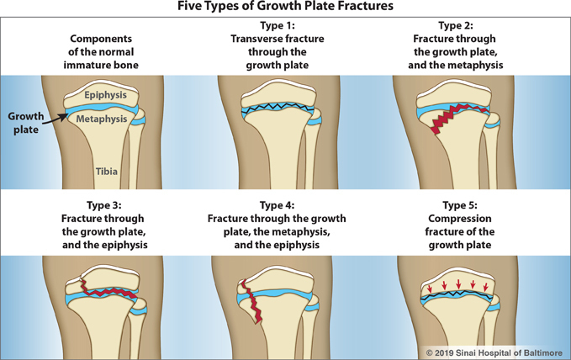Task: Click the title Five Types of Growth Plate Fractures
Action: click(286, 8)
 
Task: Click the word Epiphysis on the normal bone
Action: click(104, 95)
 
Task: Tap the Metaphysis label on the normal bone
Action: click(101, 119)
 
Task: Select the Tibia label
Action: click(106, 172)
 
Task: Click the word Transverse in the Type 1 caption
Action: click(254, 40)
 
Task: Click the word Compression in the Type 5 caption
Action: click(454, 220)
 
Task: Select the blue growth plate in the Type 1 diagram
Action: click(278, 110)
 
